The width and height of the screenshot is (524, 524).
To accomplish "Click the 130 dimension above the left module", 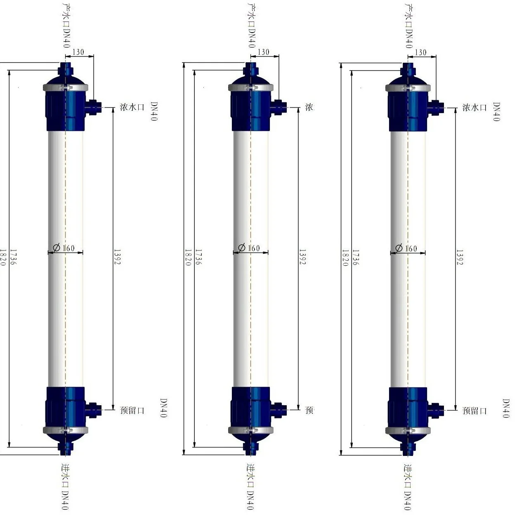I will coord(78,52).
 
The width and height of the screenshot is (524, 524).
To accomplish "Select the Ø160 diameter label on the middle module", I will coord(249,248).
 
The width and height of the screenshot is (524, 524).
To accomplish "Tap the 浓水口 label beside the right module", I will coord(474,108).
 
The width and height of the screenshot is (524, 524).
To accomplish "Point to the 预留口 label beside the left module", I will coord(132,410).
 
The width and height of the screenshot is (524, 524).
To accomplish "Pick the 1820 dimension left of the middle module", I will coord(188,257).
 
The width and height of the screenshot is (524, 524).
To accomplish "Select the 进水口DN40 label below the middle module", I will coord(250,487).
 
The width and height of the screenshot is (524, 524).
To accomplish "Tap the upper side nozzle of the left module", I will coord(94,107).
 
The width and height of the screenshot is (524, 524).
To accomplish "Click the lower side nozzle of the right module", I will coord(436,410).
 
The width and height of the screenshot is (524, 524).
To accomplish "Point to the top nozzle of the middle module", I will coord(249,69).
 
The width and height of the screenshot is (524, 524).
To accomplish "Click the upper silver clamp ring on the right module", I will coord(408,88).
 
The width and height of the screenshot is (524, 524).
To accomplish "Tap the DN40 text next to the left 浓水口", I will coord(154,112).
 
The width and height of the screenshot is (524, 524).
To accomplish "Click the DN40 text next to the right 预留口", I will coord(506,408).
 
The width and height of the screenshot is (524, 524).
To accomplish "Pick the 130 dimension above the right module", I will coord(420,52).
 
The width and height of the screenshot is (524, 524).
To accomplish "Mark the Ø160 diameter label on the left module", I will coord(64,248).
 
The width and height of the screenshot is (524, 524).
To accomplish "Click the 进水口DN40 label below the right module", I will coord(408,487).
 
